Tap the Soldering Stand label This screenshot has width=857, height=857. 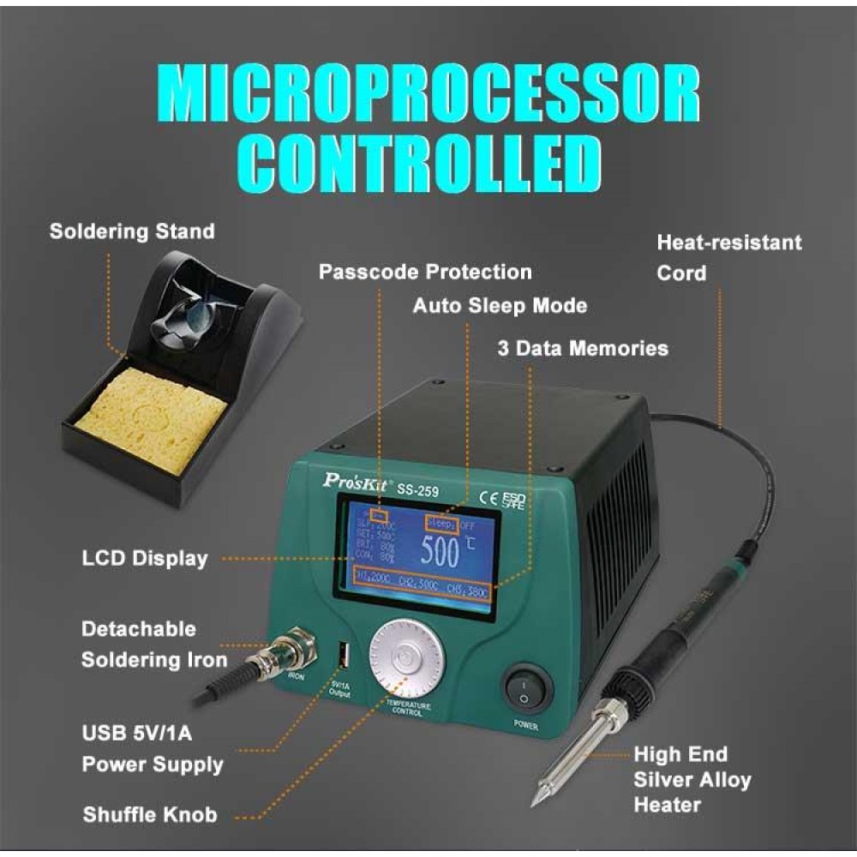[x=132, y=231]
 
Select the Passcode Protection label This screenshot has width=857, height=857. [x=425, y=273]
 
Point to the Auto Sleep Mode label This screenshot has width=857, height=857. [x=500, y=305]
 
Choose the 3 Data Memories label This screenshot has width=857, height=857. [x=583, y=349]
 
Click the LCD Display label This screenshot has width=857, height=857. [x=145, y=559]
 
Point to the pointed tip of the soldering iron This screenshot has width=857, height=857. [x=534, y=800]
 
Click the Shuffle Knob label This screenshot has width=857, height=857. [x=150, y=814]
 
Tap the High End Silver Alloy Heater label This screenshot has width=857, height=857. [x=692, y=780]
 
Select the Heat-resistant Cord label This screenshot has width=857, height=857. [x=729, y=257]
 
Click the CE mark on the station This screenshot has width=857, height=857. [x=484, y=498]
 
